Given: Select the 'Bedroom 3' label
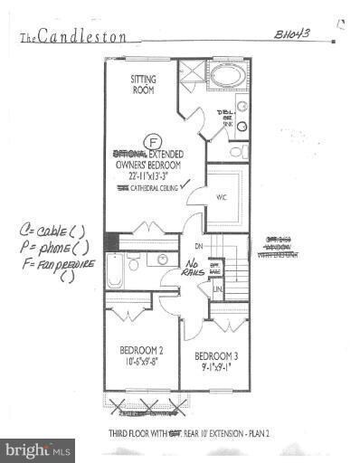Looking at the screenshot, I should click(216, 355).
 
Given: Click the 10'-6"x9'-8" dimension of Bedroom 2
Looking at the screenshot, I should click(141, 362).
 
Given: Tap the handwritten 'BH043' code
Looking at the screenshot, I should click(293, 33).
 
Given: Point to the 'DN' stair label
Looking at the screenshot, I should click(198, 245).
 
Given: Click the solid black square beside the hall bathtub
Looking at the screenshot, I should click(110, 242).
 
